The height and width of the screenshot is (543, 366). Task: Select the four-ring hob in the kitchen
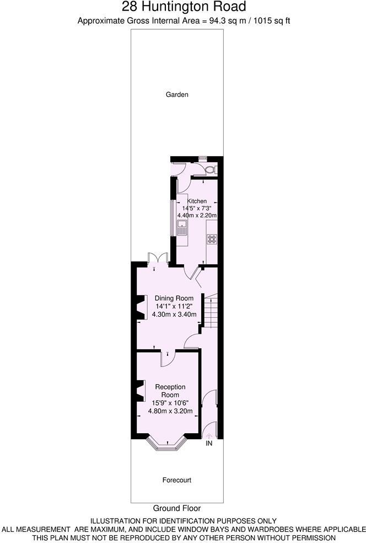coord(212,239)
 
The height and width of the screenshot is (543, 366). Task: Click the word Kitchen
coord(197,201)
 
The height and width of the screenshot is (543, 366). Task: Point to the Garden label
coord(177,94)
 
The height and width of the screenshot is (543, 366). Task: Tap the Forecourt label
coord(177,480)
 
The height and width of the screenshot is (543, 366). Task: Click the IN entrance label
coord(209,443)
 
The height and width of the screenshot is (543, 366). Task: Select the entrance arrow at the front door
coord(209,436)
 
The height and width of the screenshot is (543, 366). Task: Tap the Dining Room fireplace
coord(140,308)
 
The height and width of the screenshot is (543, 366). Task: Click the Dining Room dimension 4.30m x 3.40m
coord(174,315)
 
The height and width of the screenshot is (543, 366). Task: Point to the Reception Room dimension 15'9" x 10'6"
coord(170,403)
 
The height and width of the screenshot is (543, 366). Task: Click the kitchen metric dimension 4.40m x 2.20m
coord(197,215)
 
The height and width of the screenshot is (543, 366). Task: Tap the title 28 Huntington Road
coord(184,7)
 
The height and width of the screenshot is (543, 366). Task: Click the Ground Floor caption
coord(177,508)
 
